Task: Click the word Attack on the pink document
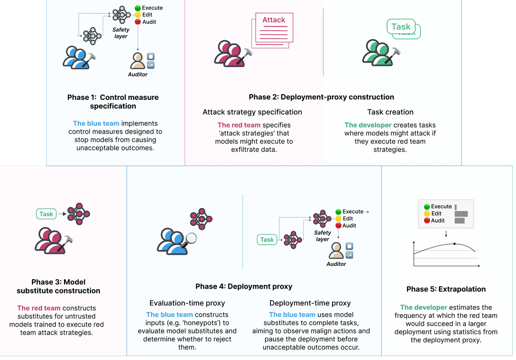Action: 274,20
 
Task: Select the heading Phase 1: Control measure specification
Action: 113,102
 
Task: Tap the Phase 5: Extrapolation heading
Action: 446,289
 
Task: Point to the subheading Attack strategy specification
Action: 252,112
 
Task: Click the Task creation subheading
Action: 390,112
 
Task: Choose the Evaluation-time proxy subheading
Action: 187,303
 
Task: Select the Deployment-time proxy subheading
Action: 310,303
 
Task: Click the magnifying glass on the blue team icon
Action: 191,238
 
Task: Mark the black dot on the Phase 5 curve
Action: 454,244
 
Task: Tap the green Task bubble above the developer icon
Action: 401,27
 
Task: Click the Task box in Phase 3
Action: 46,214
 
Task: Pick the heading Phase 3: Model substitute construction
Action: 58,286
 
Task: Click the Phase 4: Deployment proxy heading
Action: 244,286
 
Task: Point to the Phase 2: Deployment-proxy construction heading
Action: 321,97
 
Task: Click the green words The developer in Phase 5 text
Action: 423,307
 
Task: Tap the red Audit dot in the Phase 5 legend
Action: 427,220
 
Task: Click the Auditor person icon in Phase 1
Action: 138,61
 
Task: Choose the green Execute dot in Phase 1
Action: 138,8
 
